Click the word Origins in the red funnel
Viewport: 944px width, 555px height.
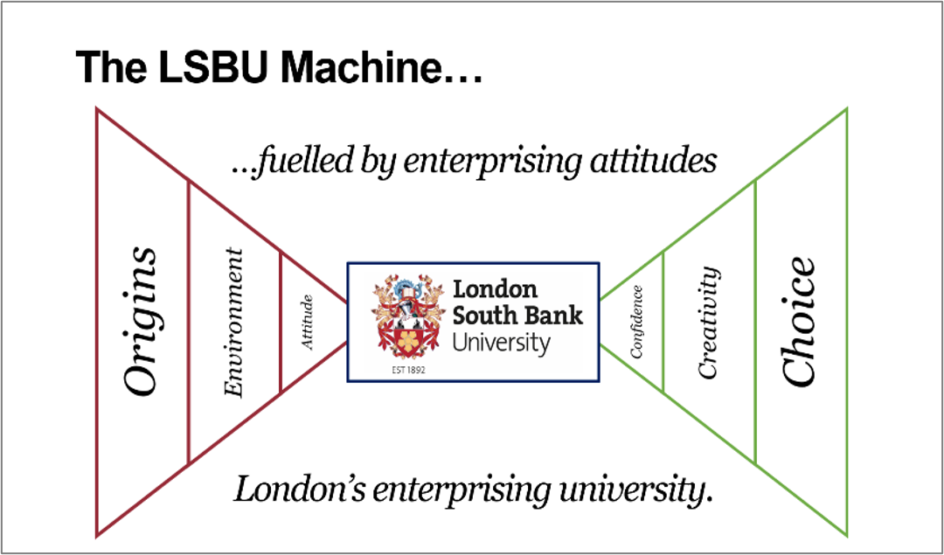coord(141,320)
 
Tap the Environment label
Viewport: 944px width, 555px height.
coord(233,323)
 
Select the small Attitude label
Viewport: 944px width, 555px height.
coord(307,323)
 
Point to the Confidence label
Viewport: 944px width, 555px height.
coord(636,322)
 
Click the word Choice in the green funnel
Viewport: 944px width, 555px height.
coord(799,322)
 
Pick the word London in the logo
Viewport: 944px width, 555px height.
coord(495,289)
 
